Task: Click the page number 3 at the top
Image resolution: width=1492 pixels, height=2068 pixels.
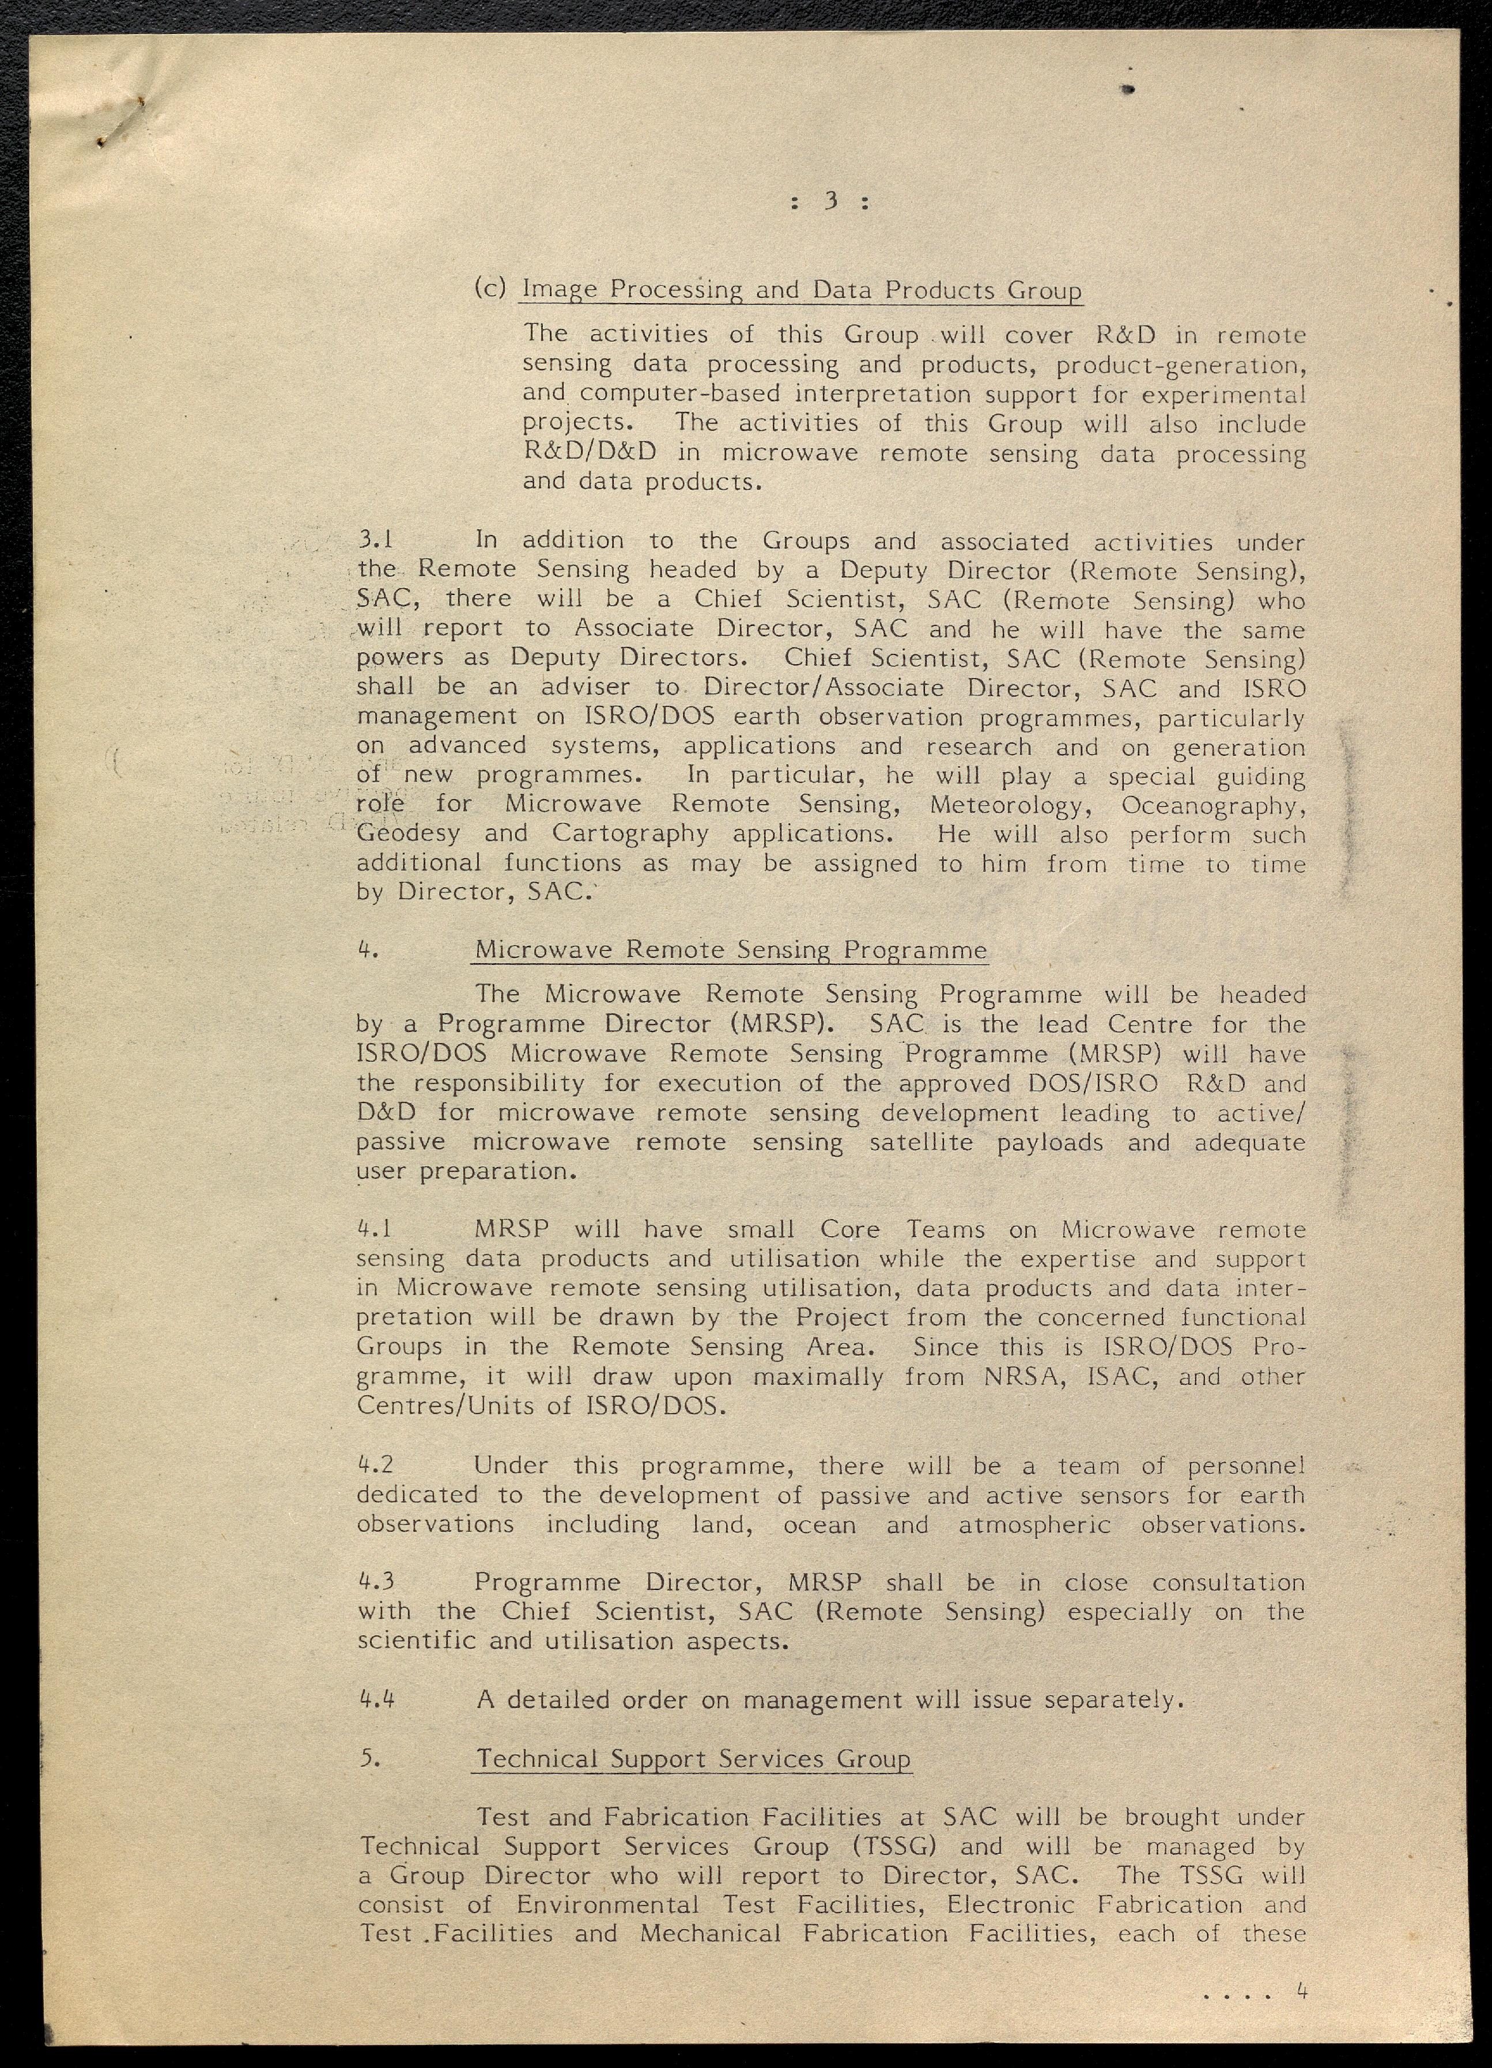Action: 830,202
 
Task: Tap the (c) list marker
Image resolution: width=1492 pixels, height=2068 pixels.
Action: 490,288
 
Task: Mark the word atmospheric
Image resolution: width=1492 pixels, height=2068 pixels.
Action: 1034,1525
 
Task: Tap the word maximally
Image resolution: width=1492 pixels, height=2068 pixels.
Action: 818,1377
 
